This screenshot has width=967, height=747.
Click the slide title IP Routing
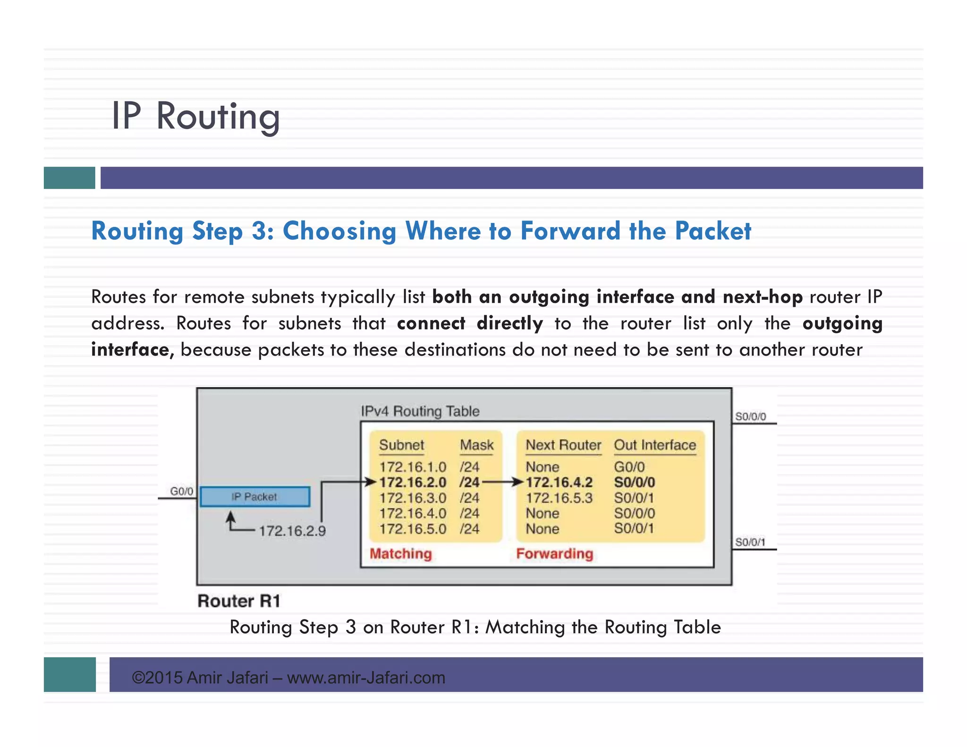(195, 116)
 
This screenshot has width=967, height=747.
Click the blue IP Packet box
(255, 497)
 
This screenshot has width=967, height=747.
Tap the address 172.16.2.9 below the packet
(292, 531)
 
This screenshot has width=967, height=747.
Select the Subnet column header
(401, 445)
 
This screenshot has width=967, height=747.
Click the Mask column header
(476, 445)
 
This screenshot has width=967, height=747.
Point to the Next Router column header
(563, 445)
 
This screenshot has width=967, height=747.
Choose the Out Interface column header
(654, 445)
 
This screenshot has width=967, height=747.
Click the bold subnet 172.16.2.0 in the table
(413, 482)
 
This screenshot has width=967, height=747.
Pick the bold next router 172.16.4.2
(559, 482)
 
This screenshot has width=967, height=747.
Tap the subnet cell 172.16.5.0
(413, 529)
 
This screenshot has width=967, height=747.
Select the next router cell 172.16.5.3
(559, 498)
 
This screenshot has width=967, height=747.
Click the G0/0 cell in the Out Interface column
(629, 467)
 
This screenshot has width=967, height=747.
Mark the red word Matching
(400, 553)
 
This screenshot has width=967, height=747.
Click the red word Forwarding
(554, 553)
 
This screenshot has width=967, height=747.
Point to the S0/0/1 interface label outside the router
(750, 542)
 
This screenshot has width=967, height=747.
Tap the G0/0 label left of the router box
(181, 492)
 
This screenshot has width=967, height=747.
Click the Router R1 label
(239, 601)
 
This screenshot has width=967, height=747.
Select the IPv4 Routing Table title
(420, 411)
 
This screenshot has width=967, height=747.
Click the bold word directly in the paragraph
(509, 323)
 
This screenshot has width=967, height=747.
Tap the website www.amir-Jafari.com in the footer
(366, 678)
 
